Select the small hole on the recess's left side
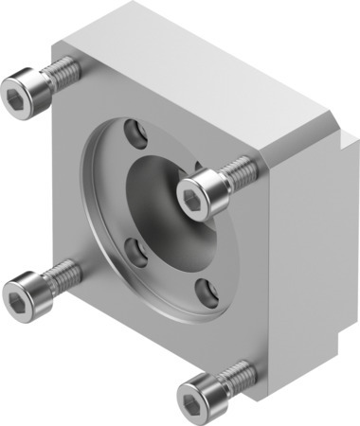[135, 251]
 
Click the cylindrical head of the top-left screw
[27, 92]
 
